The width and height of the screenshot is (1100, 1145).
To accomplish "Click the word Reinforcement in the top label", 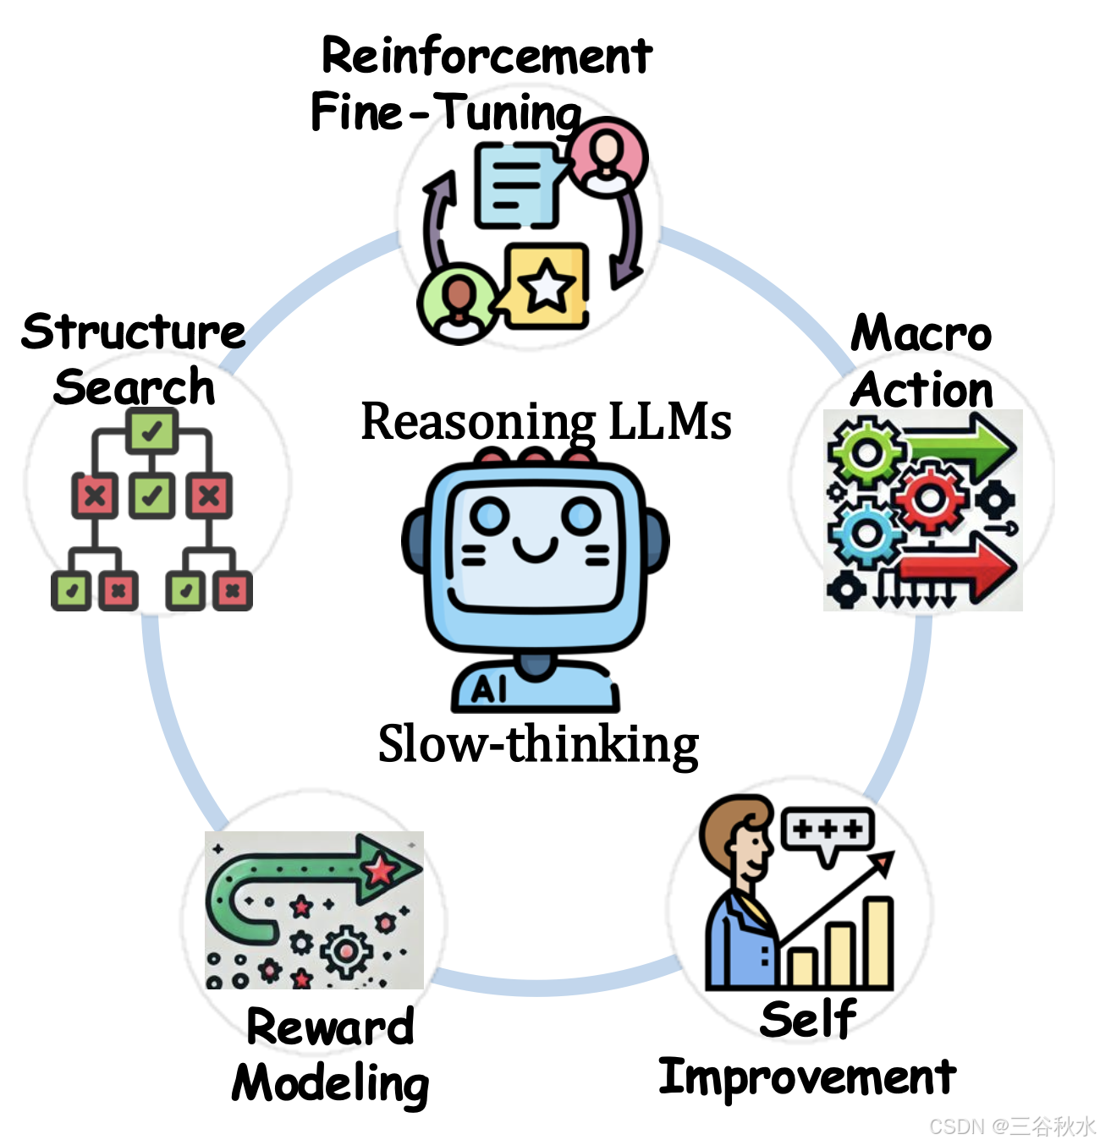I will tap(487, 58).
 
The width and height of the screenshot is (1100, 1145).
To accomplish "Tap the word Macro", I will tap(921, 333).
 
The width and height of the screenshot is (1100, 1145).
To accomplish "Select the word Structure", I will tap(134, 331).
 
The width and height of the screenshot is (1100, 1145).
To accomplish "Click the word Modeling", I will tap(331, 1083).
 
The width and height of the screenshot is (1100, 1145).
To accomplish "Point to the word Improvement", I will tap(807, 1077).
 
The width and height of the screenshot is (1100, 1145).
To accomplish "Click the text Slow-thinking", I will tap(538, 745).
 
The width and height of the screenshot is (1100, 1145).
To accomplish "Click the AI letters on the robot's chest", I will tap(490, 690).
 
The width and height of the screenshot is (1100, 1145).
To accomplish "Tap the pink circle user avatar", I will tap(607, 157).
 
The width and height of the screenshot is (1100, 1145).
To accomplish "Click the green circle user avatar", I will tap(458, 303).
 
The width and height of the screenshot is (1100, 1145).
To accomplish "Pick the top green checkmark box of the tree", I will tap(152, 431).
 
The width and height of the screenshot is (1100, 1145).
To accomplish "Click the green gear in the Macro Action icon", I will tap(865, 452).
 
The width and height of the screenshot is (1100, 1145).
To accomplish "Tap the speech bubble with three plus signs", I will tap(828, 830).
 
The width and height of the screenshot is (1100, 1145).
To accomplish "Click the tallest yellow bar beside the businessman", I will tap(878, 942).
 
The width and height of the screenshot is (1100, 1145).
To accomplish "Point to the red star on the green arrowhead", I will tap(381, 868).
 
